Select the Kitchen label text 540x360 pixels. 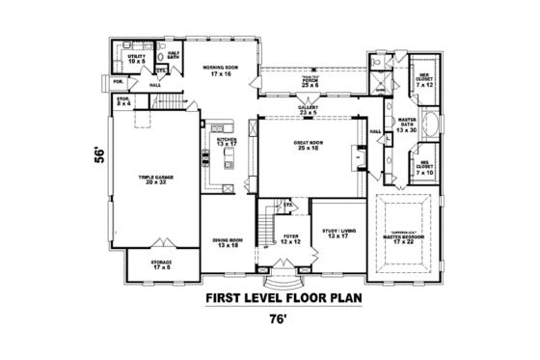226,142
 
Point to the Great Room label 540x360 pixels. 308,145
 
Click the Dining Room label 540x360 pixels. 229,243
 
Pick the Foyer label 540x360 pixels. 289,238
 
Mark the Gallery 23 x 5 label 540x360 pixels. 306,112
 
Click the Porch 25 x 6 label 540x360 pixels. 309,82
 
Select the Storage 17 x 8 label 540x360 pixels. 162,264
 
